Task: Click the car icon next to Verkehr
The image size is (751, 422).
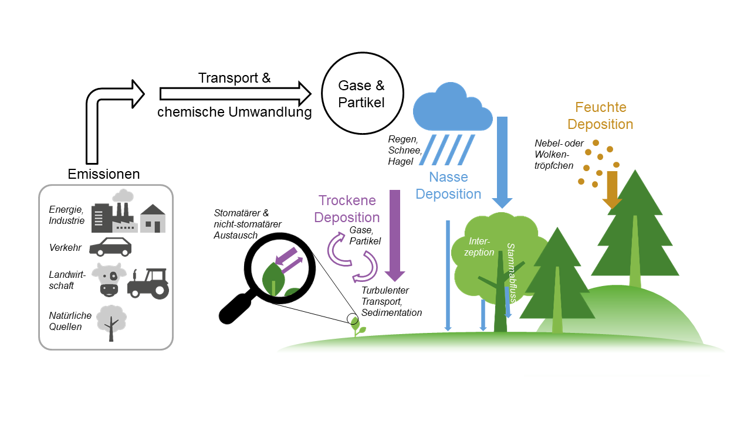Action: coord(110,247)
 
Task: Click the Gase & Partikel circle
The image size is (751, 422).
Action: coord(361,94)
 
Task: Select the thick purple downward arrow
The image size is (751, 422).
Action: coord(394,234)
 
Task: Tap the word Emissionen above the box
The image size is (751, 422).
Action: coord(104,174)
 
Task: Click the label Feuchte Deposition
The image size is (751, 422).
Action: coord(600,116)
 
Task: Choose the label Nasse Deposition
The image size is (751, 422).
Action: coord(448,185)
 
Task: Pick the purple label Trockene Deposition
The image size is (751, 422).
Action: coord(347,209)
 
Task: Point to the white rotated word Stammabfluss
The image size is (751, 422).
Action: coord(510,273)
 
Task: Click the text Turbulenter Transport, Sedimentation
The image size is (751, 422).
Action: coord(391,302)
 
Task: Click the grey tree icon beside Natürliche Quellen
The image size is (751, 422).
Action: coord(111,322)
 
